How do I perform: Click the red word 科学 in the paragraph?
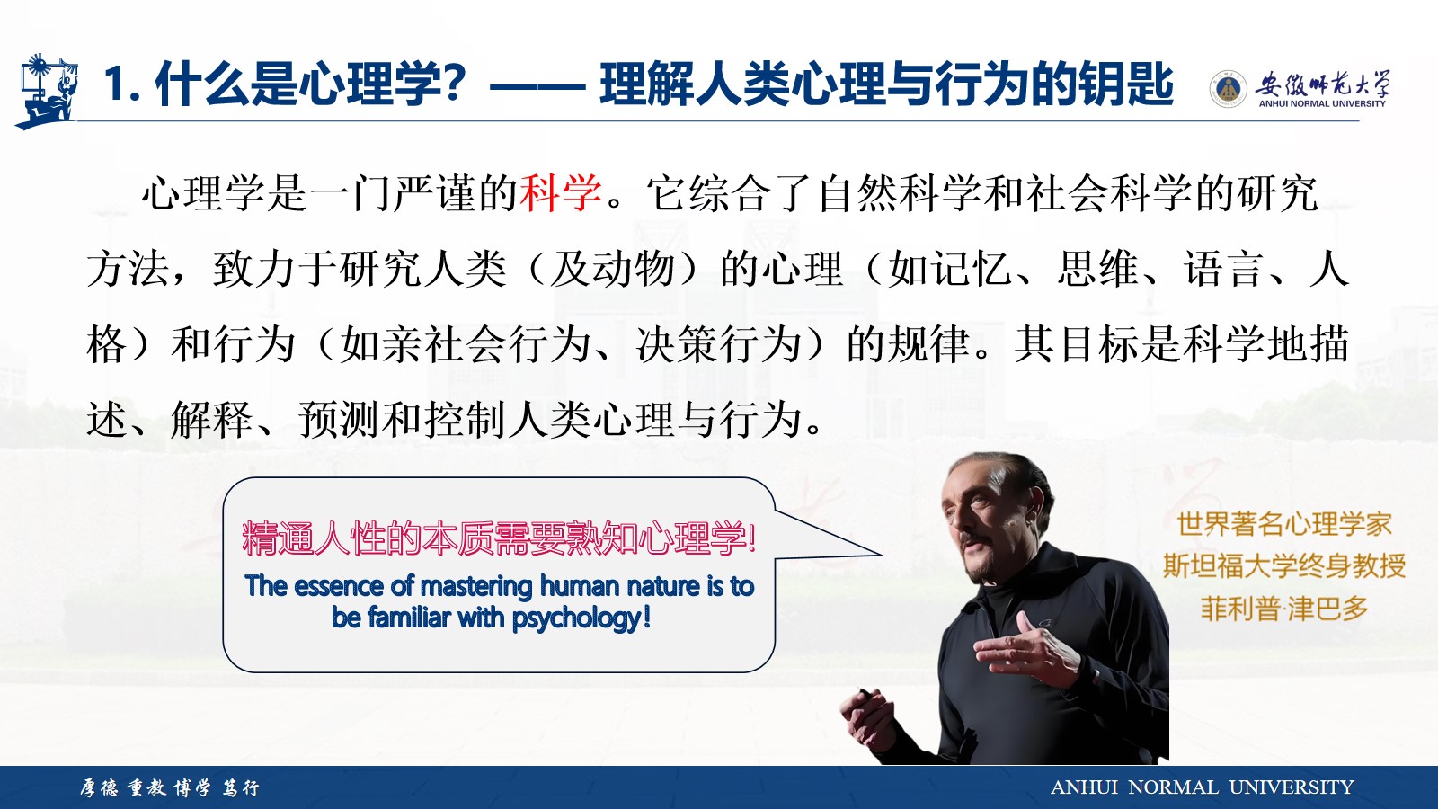(x=561, y=192)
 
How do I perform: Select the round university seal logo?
(x=1228, y=89)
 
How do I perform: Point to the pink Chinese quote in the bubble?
(x=499, y=538)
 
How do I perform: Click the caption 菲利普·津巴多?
(x=1284, y=609)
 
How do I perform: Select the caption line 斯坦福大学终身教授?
(x=1284, y=565)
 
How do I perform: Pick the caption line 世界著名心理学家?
(x=1284, y=524)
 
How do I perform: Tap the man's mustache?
(x=973, y=538)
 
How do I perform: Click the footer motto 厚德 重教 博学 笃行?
(x=170, y=787)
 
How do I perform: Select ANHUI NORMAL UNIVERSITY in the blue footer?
(x=1202, y=787)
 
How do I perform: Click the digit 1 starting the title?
(x=116, y=84)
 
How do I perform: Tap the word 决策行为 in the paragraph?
(x=719, y=345)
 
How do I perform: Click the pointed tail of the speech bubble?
(x=881, y=554)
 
